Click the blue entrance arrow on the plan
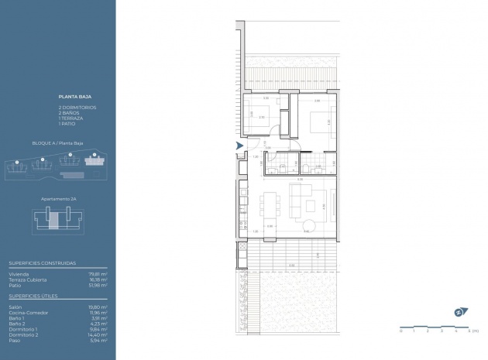coord(240,145)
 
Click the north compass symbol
coord(459,313)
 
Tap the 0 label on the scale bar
coord(401,331)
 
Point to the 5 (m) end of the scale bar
coord(469,331)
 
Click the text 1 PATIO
coord(67,124)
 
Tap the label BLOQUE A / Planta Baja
coord(57,144)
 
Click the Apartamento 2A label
coord(57,199)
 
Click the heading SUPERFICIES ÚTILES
coord(35,296)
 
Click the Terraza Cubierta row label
coord(27,279)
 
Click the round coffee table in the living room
coord(309,225)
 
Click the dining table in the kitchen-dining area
coord(269,204)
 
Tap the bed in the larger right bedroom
coord(318,122)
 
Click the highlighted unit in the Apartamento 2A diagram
coord(53,222)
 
